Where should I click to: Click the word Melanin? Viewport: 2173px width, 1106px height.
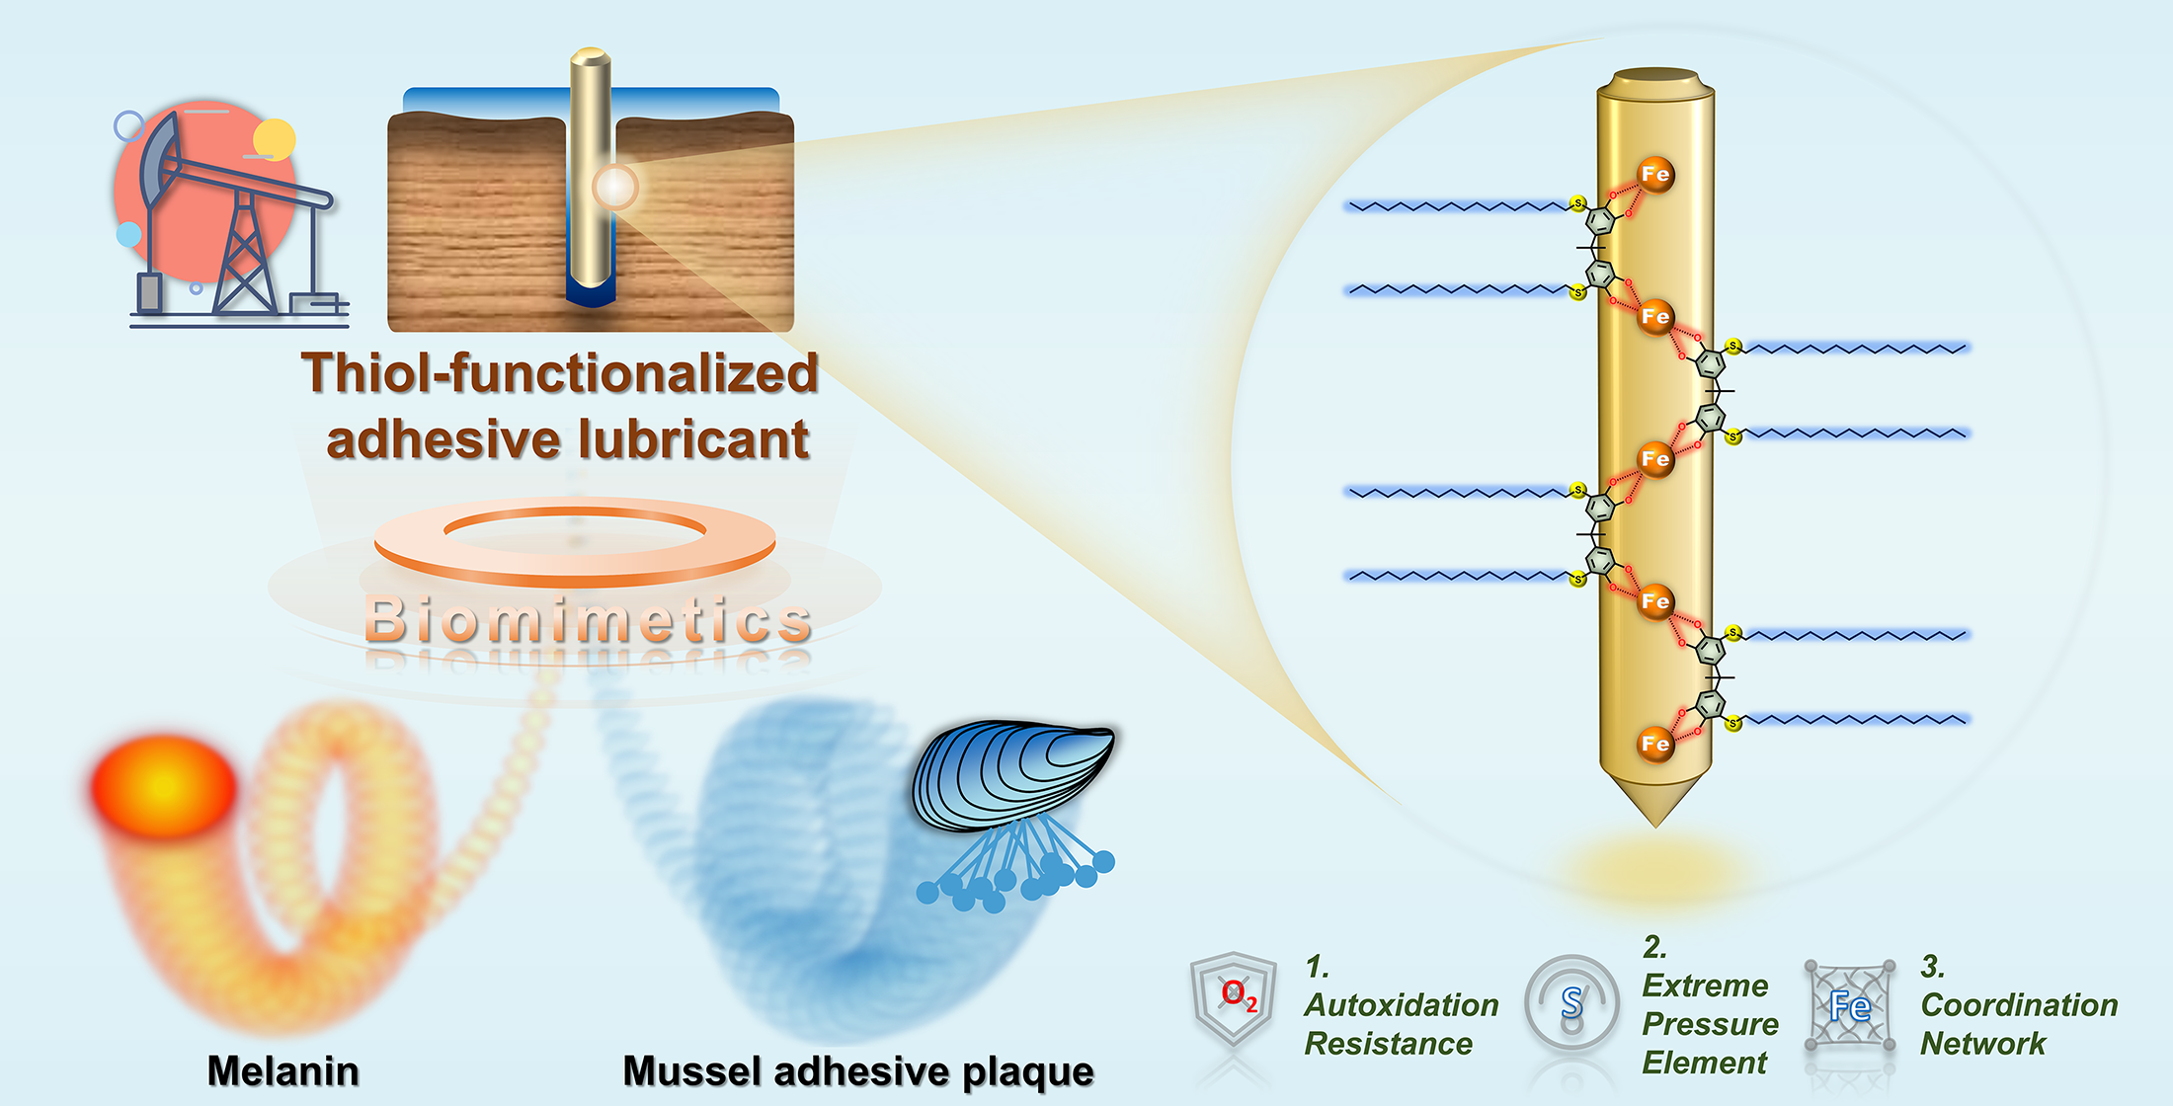tap(282, 1071)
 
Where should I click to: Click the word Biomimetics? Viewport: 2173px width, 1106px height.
tap(588, 620)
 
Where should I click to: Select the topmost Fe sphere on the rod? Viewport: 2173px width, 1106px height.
tap(1655, 175)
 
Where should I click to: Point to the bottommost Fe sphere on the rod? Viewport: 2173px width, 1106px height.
tap(1655, 744)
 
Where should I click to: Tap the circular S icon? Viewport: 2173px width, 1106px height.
tap(1571, 1003)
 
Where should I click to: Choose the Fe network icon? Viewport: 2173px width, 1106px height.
tap(1849, 1005)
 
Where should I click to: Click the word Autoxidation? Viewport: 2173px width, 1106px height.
tap(1402, 1005)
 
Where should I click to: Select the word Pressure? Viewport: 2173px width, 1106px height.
tap(1710, 1024)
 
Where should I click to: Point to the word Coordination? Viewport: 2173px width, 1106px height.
tap(2019, 1005)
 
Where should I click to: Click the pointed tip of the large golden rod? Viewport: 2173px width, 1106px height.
tap(1655, 815)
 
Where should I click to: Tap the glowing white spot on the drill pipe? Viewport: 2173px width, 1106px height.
tap(615, 186)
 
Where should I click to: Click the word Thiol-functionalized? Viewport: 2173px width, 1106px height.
tap(560, 374)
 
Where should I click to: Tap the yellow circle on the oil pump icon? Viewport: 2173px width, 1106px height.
tap(275, 139)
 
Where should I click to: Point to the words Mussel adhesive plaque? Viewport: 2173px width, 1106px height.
tap(857, 1071)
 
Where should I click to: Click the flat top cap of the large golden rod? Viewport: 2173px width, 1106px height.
tap(1655, 77)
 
